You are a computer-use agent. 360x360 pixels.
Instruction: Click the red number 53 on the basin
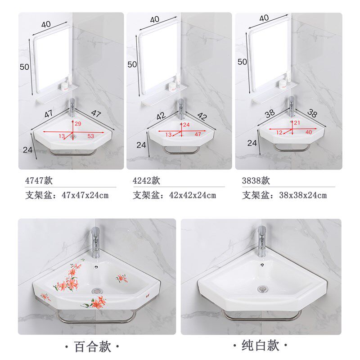(91, 136)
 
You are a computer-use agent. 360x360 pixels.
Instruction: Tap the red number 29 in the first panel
(78, 124)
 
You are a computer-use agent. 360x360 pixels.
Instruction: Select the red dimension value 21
(297, 123)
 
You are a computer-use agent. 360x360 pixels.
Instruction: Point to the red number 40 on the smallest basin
(309, 132)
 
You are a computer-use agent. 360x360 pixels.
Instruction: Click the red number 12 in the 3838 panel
(279, 132)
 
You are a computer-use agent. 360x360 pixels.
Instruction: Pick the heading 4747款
(39, 180)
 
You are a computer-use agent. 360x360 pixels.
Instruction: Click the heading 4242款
(146, 180)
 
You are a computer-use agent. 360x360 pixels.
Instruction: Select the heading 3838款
(256, 180)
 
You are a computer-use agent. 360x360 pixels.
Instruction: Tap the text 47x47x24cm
(85, 195)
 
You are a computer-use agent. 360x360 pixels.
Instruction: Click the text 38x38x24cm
(303, 195)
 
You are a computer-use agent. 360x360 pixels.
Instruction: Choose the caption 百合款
(93, 346)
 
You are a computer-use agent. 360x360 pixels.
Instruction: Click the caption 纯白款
(261, 345)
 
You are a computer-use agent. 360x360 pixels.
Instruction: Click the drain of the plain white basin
(261, 288)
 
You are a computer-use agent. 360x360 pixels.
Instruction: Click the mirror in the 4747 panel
(53, 60)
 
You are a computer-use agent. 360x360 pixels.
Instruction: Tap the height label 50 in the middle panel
(132, 64)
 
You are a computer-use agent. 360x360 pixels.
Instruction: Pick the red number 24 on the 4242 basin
(186, 125)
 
